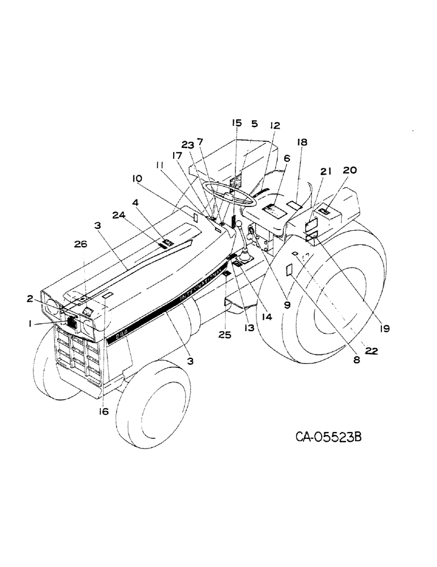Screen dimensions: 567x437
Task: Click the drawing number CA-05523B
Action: [328, 438]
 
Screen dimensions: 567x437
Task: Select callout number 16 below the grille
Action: [103, 412]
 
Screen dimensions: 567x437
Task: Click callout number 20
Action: [349, 170]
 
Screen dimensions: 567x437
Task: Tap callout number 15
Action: [237, 123]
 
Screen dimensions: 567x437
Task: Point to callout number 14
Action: [267, 318]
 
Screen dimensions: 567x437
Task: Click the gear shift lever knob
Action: [241, 226]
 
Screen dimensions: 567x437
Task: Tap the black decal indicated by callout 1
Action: [72, 323]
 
